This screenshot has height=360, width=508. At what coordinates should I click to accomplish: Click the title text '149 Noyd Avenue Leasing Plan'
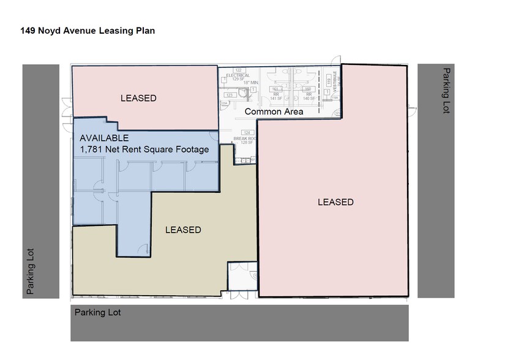(87, 31)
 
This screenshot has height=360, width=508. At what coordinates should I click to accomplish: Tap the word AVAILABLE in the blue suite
(104, 138)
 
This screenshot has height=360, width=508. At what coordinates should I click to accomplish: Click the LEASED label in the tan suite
(183, 230)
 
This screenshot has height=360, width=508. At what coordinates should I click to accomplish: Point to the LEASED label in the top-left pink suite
(138, 98)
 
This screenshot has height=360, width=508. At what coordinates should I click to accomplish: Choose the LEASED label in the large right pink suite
(335, 202)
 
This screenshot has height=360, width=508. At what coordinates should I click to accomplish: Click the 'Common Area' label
(274, 112)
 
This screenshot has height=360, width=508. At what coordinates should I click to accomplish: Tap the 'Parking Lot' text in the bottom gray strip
(98, 312)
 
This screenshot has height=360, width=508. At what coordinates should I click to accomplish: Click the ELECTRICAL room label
(238, 75)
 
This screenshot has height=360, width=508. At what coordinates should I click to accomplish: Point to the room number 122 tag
(239, 70)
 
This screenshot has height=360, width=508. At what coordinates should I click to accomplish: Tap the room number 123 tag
(230, 96)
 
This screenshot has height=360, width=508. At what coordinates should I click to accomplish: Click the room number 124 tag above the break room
(247, 133)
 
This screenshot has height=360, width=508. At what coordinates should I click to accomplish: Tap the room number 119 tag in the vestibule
(329, 81)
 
